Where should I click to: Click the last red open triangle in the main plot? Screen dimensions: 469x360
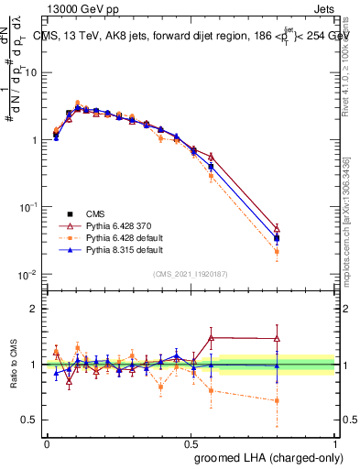tap(278, 228)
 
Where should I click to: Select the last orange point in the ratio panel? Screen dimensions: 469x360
tap(278, 400)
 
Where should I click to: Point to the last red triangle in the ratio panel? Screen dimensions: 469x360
tap(278, 339)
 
